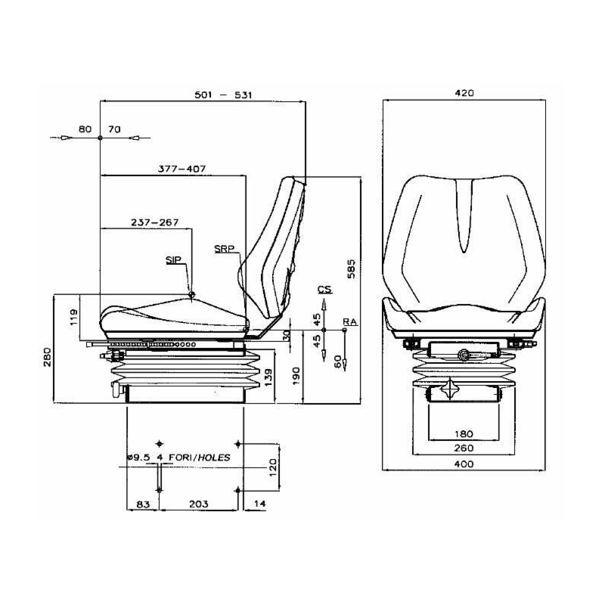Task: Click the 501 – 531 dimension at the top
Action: (x=223, y=95)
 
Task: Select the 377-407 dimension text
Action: (x=181, y=169)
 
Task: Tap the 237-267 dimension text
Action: (x=155, y=222)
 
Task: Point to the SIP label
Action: (x=173, y=260)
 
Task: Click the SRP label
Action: (x=224, y=249)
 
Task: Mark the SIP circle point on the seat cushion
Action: (x=191, y=295)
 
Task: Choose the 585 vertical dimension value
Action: (x=351, y=269)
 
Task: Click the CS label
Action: (x=324, y=289)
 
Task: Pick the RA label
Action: (x=350, y=321)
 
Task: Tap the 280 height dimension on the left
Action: (x=47, y=357)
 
